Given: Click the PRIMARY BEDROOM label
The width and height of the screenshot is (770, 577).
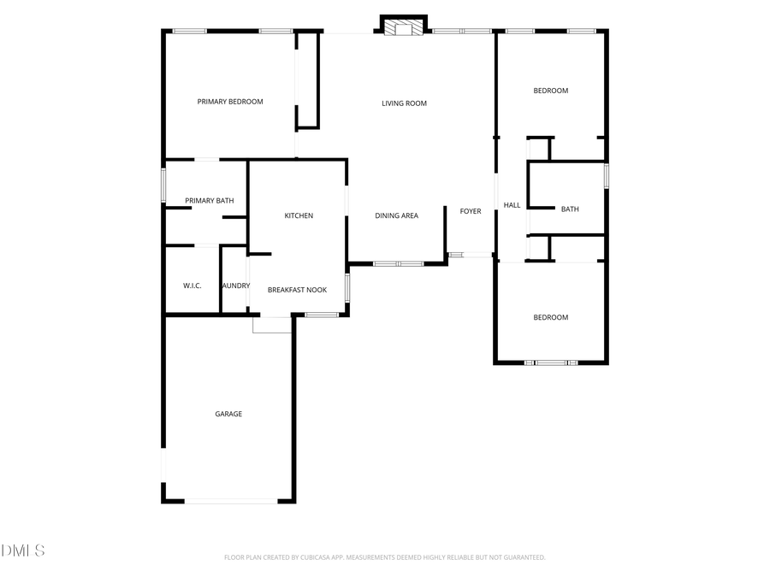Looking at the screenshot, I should tap(230, 102).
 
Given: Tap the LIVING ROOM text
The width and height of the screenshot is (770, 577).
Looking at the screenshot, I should tap(404, 103).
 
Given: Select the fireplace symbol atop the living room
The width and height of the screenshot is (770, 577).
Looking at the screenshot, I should tap(403, 29).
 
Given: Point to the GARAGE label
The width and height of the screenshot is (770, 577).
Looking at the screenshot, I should tap(228, 414).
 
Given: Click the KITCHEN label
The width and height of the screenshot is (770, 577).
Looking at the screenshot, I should tap(299, 215).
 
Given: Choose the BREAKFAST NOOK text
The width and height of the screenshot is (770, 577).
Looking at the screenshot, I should tap(297, 290).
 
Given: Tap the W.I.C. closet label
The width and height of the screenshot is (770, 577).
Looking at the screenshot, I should tap(192, 286).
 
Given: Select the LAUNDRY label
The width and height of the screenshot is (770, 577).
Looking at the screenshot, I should tap(235, 286).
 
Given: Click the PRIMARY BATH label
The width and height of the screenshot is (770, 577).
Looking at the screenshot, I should tap(210, 201).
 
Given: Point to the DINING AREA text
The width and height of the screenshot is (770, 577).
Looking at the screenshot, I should tap(396, 215).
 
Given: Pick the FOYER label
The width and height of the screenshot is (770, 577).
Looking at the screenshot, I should tap(471, 211).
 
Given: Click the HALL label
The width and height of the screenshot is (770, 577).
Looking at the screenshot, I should tap(512, 205).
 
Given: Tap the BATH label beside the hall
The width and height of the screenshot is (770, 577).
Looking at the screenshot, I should tap(570, 209).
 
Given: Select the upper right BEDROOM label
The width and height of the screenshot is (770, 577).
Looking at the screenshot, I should tap(550, 91).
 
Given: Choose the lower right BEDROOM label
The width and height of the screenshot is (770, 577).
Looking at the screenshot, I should tap(550, 317).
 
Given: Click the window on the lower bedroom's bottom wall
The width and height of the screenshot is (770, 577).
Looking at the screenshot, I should tap(551, 363).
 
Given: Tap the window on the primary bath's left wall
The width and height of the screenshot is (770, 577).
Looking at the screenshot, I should tap(163, 185).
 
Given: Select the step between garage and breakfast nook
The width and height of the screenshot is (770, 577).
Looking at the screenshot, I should tap(272, 325).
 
